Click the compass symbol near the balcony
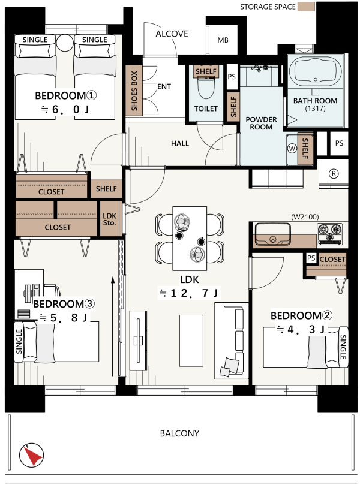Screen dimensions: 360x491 31,455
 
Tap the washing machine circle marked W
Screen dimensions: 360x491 292,149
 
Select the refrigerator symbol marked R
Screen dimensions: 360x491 334,173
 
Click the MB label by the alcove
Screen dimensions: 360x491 223,40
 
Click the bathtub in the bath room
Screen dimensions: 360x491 315,71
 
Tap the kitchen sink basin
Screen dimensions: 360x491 272,234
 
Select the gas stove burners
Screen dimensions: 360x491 330,234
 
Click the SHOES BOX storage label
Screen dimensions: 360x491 134,91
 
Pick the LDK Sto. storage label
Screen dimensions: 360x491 109,219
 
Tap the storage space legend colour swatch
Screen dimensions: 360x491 306,7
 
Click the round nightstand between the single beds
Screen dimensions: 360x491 65,43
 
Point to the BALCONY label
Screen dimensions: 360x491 179,433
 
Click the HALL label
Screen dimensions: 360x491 180,143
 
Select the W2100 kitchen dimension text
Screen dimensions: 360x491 305,216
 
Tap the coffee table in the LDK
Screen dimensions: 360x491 191,341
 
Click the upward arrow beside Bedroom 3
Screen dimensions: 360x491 113,327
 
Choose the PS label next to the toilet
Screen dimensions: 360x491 232,77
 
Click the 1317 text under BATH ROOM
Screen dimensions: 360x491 315,109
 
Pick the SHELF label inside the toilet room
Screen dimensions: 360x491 206,71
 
